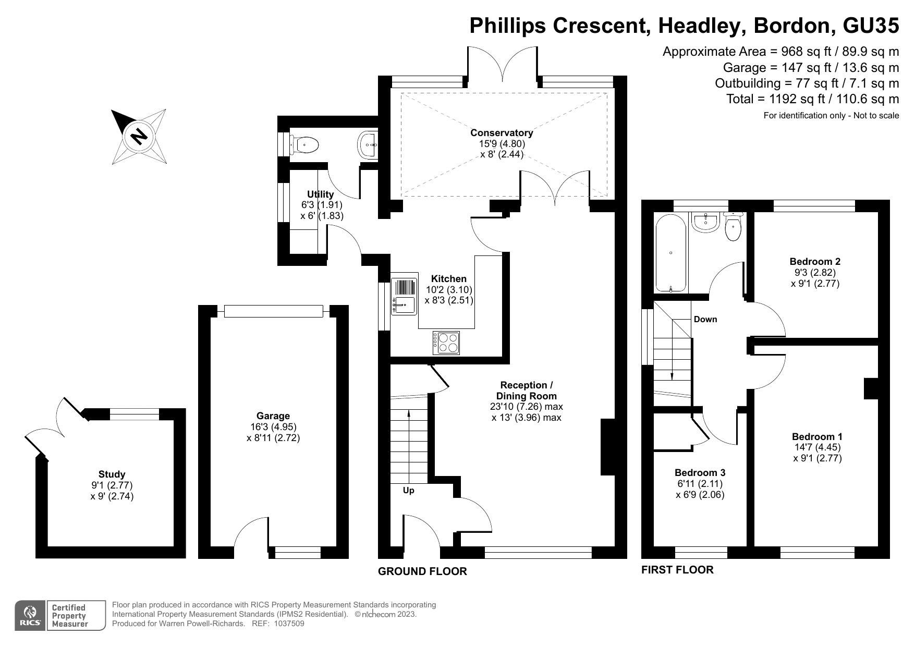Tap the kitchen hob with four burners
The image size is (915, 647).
447,343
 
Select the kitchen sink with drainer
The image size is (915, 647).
404,296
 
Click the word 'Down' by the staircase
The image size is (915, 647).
705,319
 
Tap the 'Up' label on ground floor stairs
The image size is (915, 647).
409,491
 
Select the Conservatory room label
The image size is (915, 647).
502,132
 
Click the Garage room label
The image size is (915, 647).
273,416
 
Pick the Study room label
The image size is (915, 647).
112,474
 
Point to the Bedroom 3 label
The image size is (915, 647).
700,473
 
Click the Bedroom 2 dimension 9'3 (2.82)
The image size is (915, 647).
815,273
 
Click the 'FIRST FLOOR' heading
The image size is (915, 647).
677,570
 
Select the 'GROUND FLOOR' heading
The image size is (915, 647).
422,571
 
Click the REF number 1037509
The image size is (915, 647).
285,624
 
